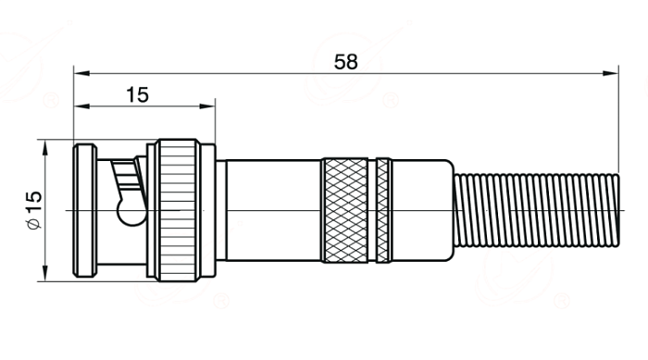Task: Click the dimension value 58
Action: pyautogui.click(x=345, y=62)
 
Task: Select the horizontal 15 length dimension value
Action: pyautogui.click(x=137, y=95)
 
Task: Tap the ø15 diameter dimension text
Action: pyautogui.click(x=34, y=210)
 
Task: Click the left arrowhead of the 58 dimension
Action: pyautogui.click(x=81, y=73)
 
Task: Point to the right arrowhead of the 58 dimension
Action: pyautogui.click(x=610, y=73)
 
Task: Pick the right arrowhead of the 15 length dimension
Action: pyautogui.click(x=207, y=106)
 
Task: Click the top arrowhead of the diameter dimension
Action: pyautogui.click(x=45, y=147)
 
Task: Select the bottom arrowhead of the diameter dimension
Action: pyautogui.click(x=45, y=274)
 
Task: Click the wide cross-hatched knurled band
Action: pyautogui.click(x=344, y=210)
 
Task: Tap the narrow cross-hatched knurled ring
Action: pyautogui.click(x=383, y=210)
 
